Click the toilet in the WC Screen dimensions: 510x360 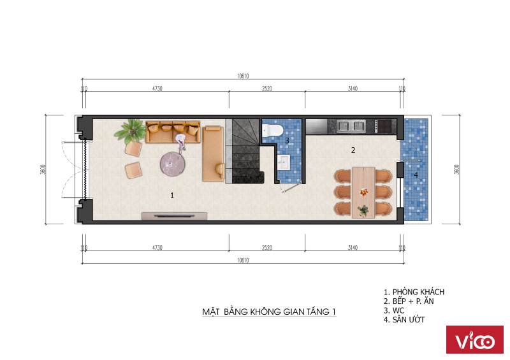tap(273, 130)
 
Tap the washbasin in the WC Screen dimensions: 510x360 tap(284, 162)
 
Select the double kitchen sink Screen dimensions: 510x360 tap(351, 126)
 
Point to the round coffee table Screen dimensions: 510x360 tap(173, 164)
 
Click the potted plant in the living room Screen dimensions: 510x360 tap(131, 132)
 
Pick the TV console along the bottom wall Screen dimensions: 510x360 tap(174, 215)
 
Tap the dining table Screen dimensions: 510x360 tap(363, 192)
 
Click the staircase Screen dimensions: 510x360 tap(245, 151)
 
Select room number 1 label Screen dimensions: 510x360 tap(172, 196)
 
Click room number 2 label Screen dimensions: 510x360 tap(353, 150)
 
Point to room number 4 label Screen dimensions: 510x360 tap(416, 175)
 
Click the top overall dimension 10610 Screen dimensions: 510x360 tap(243, 76)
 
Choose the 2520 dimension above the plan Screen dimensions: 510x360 tap(267, 89)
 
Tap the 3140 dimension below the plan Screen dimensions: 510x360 tap(353, 248)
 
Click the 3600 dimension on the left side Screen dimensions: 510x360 tap(43, 169)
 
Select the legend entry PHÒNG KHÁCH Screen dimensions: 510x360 tap(414, 292)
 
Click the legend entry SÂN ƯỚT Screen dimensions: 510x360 tap(404, 320)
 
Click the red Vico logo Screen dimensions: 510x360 tap(474, 340)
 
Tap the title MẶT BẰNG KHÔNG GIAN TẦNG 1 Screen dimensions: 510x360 tap(269, 312)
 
